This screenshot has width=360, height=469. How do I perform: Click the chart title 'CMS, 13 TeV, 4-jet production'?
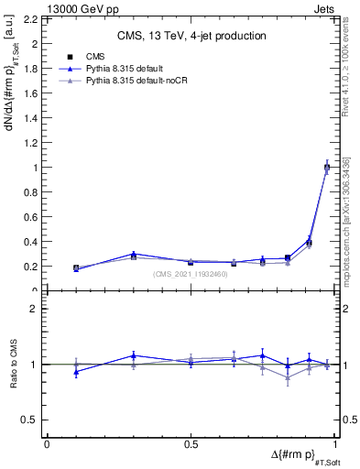click(x=192, y=36)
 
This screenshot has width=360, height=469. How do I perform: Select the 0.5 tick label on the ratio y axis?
click(x=31, y=420)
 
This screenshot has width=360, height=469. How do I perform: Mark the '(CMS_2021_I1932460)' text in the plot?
click(x=191, y=274)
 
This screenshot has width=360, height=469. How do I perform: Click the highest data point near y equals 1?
click(x=327, y=167)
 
